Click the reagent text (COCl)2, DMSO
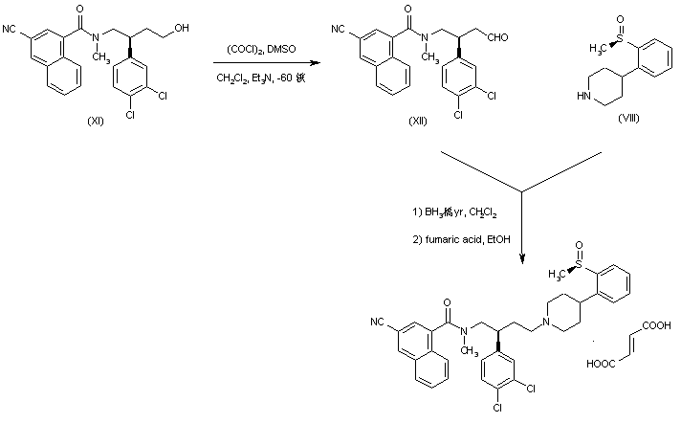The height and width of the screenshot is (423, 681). [253, 48]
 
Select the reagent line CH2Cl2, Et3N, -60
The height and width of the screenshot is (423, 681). [256, 78]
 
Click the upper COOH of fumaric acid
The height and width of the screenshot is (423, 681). [658, 325]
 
